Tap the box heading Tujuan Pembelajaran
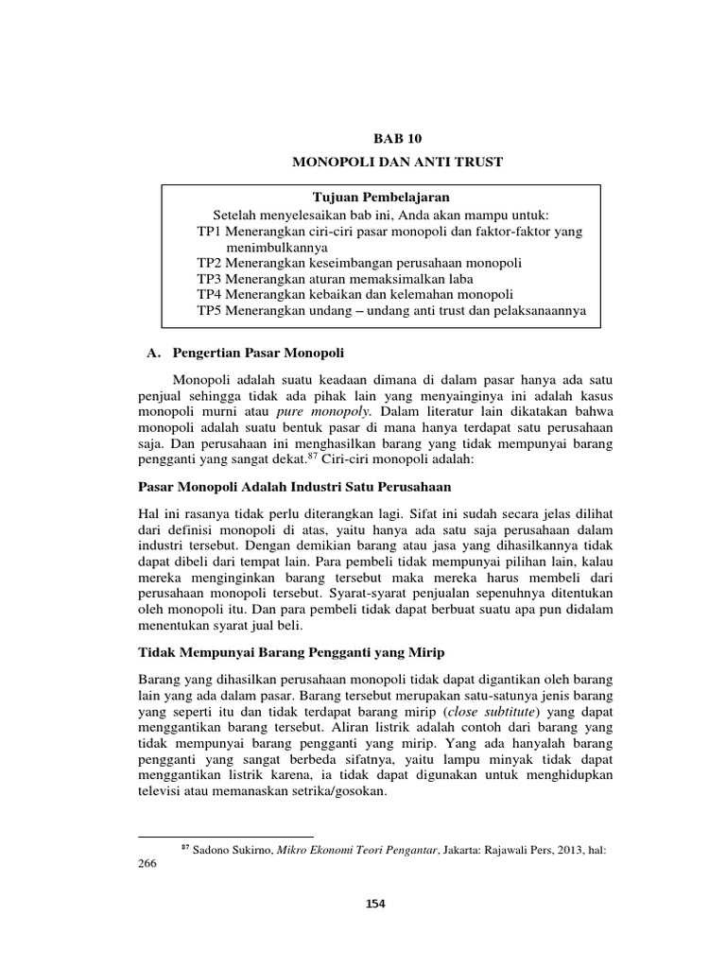(381, 198)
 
